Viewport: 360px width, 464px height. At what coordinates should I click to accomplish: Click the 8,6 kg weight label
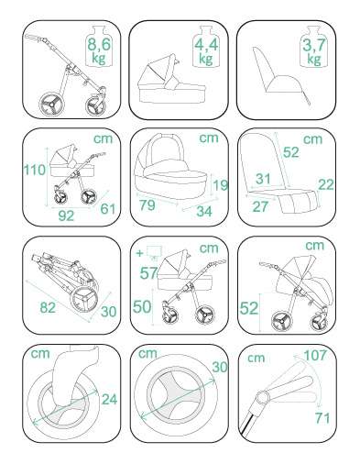click(99, 51)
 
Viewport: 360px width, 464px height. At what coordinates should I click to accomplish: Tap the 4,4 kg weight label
click(206, 51)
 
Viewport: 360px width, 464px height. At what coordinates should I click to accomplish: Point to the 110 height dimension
click(34, 170)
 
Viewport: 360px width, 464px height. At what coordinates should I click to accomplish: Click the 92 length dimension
click(66, 215)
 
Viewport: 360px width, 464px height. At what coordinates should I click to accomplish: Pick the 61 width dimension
click(108, 209)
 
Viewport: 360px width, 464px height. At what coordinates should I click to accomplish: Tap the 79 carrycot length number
click(147, 204)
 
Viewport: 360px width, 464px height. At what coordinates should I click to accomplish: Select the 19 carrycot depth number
click(221, 185)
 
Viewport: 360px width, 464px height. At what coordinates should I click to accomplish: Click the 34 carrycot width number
click(204, 211)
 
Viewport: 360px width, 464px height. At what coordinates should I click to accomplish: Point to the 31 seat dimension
click(263, 179)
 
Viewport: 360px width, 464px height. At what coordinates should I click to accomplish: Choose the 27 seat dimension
click(260, 206)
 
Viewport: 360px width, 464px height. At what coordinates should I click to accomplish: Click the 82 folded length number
click(48, 307)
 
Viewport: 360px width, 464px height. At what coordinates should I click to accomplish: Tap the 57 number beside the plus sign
click(148, 273)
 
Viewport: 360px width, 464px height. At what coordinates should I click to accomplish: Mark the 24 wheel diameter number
click(109, 399)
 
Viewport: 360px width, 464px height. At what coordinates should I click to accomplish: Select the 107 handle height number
click(315, 355)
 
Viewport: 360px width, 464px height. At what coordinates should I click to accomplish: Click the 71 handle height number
click(322, 418)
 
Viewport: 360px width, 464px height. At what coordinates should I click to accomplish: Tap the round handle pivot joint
click(263, 397)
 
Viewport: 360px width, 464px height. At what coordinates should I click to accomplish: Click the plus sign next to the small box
click(140, 253)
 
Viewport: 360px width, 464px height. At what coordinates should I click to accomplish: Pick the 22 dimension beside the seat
click(326, 184)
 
